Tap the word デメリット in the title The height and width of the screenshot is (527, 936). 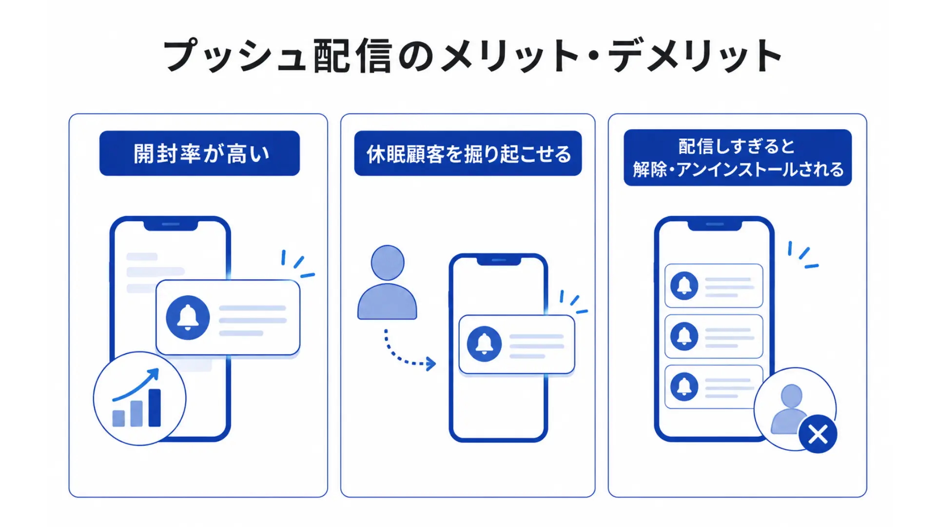point(696,56)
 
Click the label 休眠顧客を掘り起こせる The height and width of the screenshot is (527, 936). point(468,154)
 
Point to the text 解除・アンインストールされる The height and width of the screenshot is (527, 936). point(738,169)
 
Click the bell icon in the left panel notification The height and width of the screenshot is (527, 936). point(188,318)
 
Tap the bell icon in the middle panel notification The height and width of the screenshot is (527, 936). point(484,344)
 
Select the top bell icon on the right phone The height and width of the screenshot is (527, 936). point(684,285)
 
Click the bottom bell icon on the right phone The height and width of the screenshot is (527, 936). point(684,386)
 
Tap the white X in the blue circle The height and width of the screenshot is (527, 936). point(818,434)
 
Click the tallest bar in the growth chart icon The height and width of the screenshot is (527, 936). point(155,408)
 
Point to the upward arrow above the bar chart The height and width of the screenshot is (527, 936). point(136,385)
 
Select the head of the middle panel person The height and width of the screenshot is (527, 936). point(388,263)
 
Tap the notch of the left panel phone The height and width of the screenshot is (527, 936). point(171,225)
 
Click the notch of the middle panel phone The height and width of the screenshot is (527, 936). point(499,261)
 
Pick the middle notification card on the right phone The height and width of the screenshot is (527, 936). point(714,336)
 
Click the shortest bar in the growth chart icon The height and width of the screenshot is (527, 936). point(118,418)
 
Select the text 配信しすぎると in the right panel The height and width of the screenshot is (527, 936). point(737,146)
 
